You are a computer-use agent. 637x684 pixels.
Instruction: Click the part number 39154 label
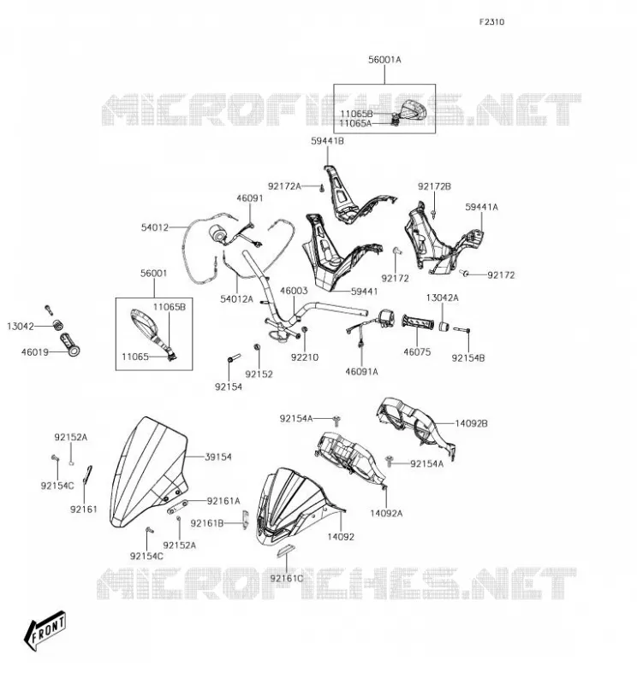(x=218, y=457)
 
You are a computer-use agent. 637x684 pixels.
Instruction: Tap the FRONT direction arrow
(x=45, y=630)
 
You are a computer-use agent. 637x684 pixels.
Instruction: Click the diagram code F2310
(x=491, y=22)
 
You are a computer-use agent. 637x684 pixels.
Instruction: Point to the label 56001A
(x=384, y=60)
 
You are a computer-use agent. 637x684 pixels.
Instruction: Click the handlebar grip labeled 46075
(x=419, y=322)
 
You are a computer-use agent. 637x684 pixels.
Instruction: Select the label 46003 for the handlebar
(x=294, y=291)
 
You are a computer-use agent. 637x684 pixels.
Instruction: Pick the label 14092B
(x=472, y=423)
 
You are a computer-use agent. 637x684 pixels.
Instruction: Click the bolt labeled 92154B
(x=461, y=330)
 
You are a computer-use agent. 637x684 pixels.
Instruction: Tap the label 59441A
(x=481, y=207)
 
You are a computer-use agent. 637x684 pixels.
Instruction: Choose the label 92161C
(x=287, y=579)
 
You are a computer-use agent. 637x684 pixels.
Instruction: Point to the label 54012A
(x=237, y=298)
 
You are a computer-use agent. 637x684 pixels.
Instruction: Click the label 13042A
(x=442, y=298)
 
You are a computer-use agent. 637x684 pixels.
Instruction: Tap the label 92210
(x=305, y=357)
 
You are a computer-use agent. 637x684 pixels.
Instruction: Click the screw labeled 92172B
(x=434, y=212)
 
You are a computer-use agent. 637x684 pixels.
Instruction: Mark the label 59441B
(x=327, y=141)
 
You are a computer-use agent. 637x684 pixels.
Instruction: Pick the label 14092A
(x=386, y=514)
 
